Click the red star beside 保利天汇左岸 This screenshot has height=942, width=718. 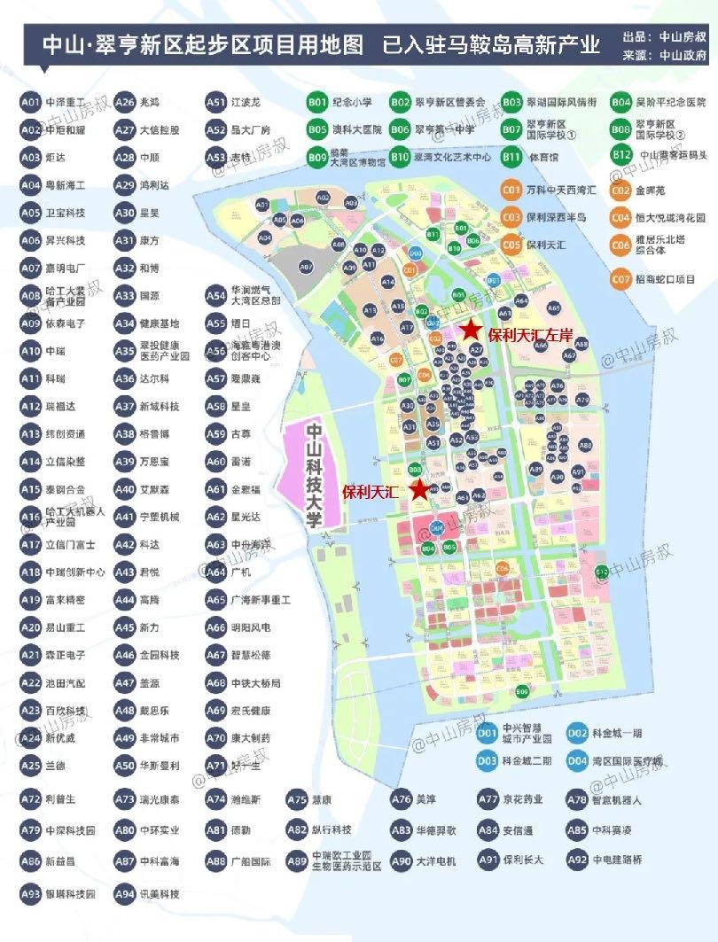(471, 331)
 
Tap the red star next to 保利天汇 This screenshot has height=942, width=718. (419, 489)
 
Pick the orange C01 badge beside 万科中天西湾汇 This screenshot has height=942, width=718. (511, 190)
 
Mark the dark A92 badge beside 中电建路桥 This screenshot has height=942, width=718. (577, 860)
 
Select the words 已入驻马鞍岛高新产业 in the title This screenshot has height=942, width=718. (492, 45)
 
